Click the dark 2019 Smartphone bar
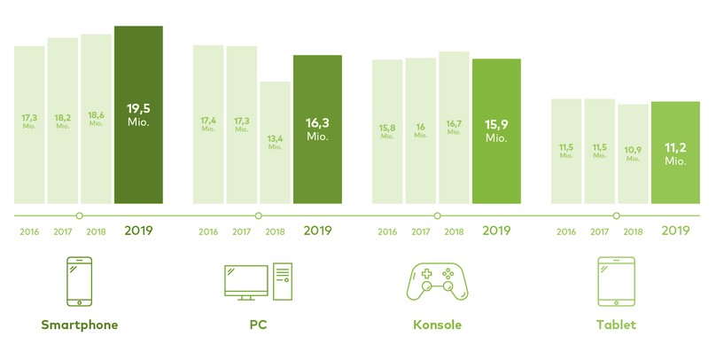point(138,115)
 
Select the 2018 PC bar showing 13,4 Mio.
point(275,143)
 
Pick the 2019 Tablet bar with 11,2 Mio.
point(675,153)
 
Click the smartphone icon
point(80,282)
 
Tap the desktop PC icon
point(258,281)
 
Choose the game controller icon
point(437,282)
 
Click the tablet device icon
point(616,282)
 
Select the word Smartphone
point(80,325)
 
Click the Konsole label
point(437,325)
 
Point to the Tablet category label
point(616,325)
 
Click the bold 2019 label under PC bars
point(317,231)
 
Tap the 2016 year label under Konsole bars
point(387,231)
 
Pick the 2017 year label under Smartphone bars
point(63,231)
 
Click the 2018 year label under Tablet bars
point(633,231)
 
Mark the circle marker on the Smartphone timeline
point(80,215)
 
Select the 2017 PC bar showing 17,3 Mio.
point(241,124)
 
